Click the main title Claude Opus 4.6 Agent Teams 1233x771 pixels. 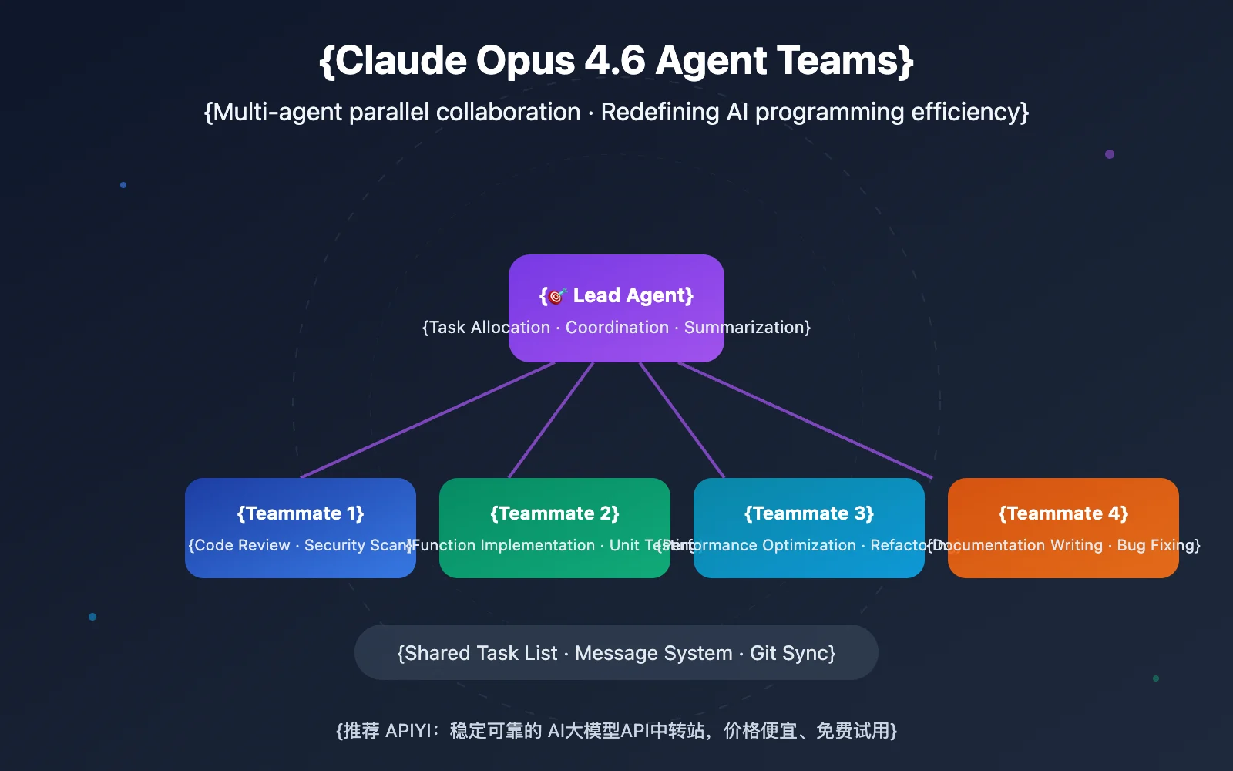(616, 61)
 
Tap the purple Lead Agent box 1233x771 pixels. (616, 308)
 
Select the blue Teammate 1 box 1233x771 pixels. (301, 528)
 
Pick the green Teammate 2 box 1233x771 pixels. (555, 528)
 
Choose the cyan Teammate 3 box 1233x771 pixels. (809, 528)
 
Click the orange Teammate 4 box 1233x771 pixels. (1063, 528)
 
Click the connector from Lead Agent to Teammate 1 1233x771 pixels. (428, 420)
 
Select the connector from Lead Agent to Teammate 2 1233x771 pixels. (551, 420)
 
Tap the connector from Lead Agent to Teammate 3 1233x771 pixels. (682, 420)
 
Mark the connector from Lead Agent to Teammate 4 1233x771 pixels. (805, 420)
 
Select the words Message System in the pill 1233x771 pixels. (653, 653)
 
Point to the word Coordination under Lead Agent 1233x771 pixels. (617, 327)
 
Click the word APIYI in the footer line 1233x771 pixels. (408, 730)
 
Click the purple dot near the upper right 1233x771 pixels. (1110, 154)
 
